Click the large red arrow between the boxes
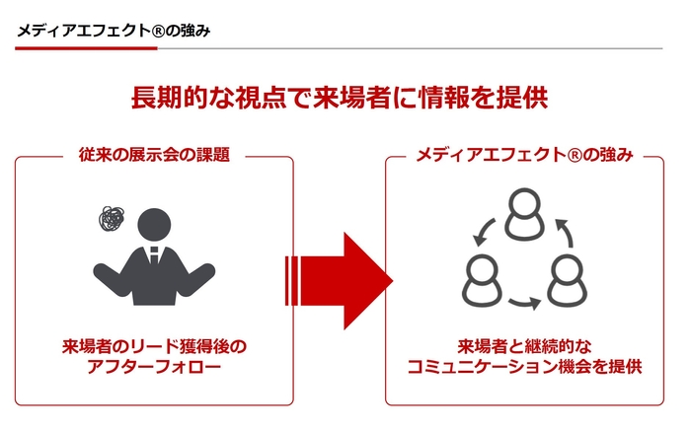click(340, 281)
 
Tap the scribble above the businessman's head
click(112, 219)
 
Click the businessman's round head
click(154, 225)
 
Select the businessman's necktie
click(154, 255)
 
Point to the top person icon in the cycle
click(524, 214)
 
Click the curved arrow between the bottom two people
click(524, 303)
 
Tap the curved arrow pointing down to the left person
click(484, 232)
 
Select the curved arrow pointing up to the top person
click(565, 233)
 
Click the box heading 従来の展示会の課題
click(154, 155)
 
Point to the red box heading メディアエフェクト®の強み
click(524, 155)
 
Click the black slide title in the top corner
click(114, 31)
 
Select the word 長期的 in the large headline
click(170, 98)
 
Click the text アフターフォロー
click(154, 367)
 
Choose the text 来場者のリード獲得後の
click(154, 347)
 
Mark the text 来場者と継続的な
click(524, 347)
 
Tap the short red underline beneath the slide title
click(87, 48)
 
